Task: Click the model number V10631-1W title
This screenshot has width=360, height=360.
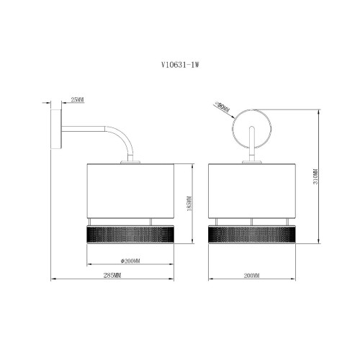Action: coord(180,65)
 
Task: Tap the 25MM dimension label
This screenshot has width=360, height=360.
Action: coord(78,99)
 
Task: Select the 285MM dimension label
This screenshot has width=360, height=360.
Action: coord(112,275)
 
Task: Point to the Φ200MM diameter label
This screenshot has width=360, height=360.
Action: coord(130,261)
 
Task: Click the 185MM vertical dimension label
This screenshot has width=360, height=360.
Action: coord(189,204)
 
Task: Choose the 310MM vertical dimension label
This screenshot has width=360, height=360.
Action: coord(315,176)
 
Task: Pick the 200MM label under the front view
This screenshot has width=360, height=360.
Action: coord(252,276)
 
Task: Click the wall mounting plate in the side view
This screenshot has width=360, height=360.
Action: coord(57,130)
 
